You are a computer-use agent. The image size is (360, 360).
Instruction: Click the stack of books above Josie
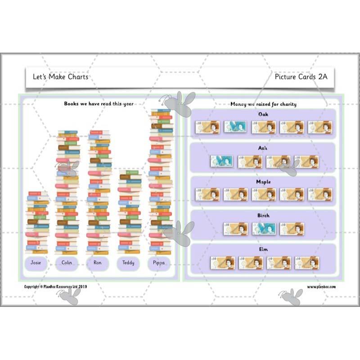[36, 223]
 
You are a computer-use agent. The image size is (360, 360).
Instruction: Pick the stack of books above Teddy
[130, 212]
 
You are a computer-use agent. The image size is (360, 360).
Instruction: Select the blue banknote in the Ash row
[221, 161]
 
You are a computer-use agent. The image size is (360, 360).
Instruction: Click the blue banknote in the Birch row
[263, 229]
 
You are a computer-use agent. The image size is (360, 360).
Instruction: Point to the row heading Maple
[264, 182]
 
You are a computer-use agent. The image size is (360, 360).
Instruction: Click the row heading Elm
[264, 249]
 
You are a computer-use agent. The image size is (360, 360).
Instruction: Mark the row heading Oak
[264, 114]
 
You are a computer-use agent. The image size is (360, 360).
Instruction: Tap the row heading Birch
[264, 216]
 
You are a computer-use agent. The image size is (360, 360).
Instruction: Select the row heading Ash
[264, 148]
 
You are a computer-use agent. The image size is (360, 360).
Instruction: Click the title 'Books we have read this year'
[99, 104]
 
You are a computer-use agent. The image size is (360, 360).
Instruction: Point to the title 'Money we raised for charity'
[263, 104]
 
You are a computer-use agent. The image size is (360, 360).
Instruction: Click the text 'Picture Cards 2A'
[301, 76]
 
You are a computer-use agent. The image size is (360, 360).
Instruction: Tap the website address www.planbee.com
[321, 287]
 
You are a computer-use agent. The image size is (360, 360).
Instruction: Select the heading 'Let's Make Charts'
[61, 76]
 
